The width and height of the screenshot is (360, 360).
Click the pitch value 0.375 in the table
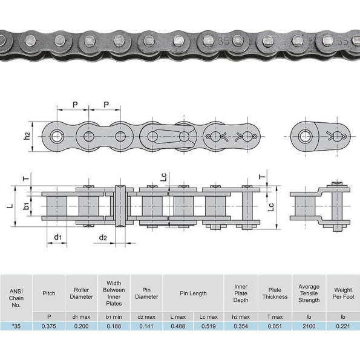[48, 326]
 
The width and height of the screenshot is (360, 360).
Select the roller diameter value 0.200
[81, 326]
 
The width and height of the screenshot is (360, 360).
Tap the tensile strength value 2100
[309, 326]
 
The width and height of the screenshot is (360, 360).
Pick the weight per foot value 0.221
[343, 326]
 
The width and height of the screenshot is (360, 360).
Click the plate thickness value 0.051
[275, 326]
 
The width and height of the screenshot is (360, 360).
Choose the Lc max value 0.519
[209, 326]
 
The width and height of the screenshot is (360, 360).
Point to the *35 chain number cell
[16, 326]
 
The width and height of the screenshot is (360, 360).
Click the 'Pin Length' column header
[193, 293]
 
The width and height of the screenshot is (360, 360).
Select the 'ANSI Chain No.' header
[16, 298]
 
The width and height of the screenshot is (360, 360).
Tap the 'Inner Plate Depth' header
[241, 293]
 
